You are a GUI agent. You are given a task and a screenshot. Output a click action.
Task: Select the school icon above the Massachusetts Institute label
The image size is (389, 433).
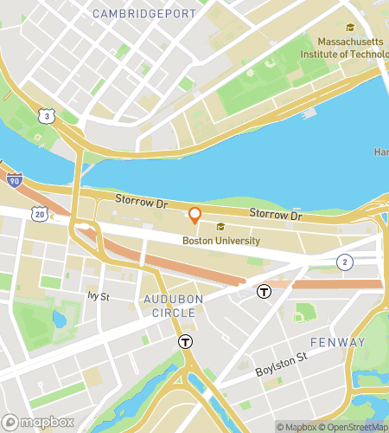point(349,28)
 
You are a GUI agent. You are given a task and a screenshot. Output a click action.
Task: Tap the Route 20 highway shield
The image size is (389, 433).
point(40,212)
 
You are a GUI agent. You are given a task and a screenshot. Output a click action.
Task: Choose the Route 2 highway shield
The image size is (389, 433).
point(345,262)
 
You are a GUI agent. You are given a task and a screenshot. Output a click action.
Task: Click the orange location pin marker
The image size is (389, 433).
point(195,215)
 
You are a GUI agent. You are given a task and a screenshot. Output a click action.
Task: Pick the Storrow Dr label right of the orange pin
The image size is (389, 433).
point(274,214)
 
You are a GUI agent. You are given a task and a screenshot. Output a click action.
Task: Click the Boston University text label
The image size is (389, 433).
point(220,240)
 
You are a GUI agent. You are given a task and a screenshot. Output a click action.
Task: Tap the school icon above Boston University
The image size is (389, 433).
point(207,227)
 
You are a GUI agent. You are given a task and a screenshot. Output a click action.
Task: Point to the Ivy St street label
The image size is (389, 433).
point(99,295)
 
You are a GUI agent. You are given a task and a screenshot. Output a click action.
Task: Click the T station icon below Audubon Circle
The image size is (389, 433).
point(185,342)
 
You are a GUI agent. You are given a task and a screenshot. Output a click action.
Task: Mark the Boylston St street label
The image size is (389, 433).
point(281,365)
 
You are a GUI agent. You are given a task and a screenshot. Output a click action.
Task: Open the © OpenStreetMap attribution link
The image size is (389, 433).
point(355,427)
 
